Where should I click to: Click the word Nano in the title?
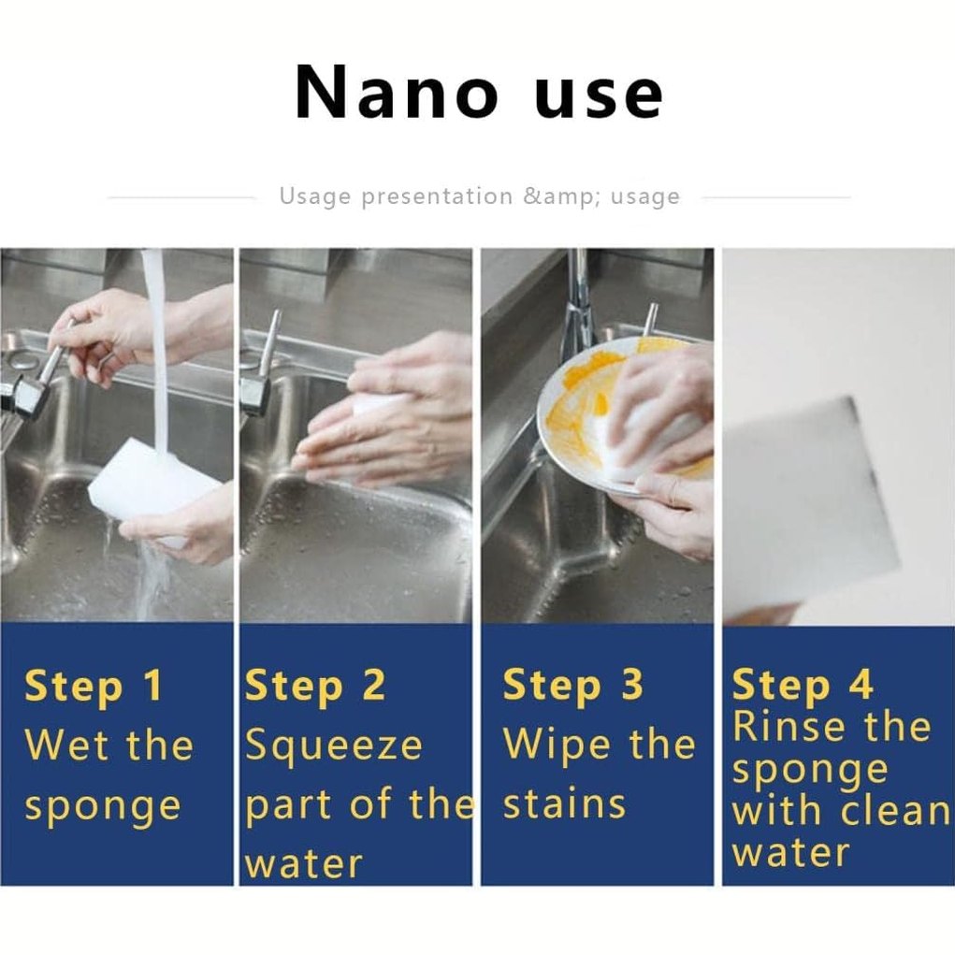397,94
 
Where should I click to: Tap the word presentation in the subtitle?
437,196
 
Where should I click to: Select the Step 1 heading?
94,687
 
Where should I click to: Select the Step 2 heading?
315,687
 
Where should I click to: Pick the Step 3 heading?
572,687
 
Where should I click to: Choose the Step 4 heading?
803,687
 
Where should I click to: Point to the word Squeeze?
333,748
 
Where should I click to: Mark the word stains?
564,803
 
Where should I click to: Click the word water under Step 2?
303,863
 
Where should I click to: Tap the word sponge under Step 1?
102,808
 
